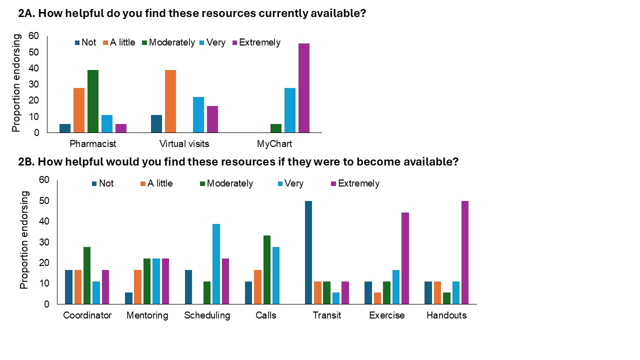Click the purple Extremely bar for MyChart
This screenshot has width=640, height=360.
pos(304,88)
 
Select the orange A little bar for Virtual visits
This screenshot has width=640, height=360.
pos(170,101)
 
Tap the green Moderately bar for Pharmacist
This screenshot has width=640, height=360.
pos(93,101)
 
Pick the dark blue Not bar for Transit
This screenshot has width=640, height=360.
pos(308,252)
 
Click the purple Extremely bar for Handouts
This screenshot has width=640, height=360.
pos(464,252)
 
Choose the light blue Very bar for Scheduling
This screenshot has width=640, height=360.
pos(216,264)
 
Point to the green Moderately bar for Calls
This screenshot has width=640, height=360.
pos(267,269)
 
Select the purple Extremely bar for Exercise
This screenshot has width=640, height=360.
pos(404,258)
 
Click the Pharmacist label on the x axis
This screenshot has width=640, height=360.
pos(93,144)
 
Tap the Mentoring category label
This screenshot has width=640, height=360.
pos(147,315)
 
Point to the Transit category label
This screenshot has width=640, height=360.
pos(326,315)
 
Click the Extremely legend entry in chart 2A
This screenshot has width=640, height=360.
pos(259,42)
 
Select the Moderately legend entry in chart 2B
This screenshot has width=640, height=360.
pos(229,183)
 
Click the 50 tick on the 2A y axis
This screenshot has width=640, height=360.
pos(33,52)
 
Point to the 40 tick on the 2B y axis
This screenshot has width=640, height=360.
pos(44,221)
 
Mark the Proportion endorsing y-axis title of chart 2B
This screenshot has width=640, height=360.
pos(24,240)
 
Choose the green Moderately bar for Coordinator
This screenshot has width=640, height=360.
pos(87,275)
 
